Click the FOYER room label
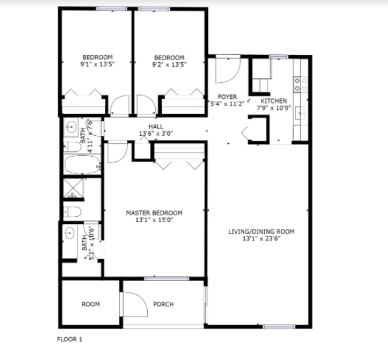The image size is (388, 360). [x=227, y=97]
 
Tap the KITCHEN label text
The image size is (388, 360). [x=274, y=101]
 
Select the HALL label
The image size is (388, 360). [x=156, y=126]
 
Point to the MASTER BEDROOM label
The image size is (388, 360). [x=154, y=213]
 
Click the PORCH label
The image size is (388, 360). [x=163, y=304]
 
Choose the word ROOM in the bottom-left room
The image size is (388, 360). [x=91, y=304]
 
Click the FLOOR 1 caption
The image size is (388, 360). [x=70, y=339]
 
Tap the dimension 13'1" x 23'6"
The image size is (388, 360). [x=262, y=239]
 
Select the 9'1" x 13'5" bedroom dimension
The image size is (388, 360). [x=98, y=64]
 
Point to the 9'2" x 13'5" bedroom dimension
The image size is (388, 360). [x=169, y=65]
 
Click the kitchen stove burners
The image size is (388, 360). [x=300, y=84]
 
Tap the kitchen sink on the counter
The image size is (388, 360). [x=300, y=113]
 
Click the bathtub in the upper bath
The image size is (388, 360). [x=82, y=165]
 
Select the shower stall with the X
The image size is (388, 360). [x=73, y=188]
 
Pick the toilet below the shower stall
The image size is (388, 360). [x=72, y=212]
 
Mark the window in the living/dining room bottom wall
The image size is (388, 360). [x=279, y=327]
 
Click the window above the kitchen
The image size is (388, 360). [x=279, y=57]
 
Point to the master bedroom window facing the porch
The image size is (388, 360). [x=167, y=279]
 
